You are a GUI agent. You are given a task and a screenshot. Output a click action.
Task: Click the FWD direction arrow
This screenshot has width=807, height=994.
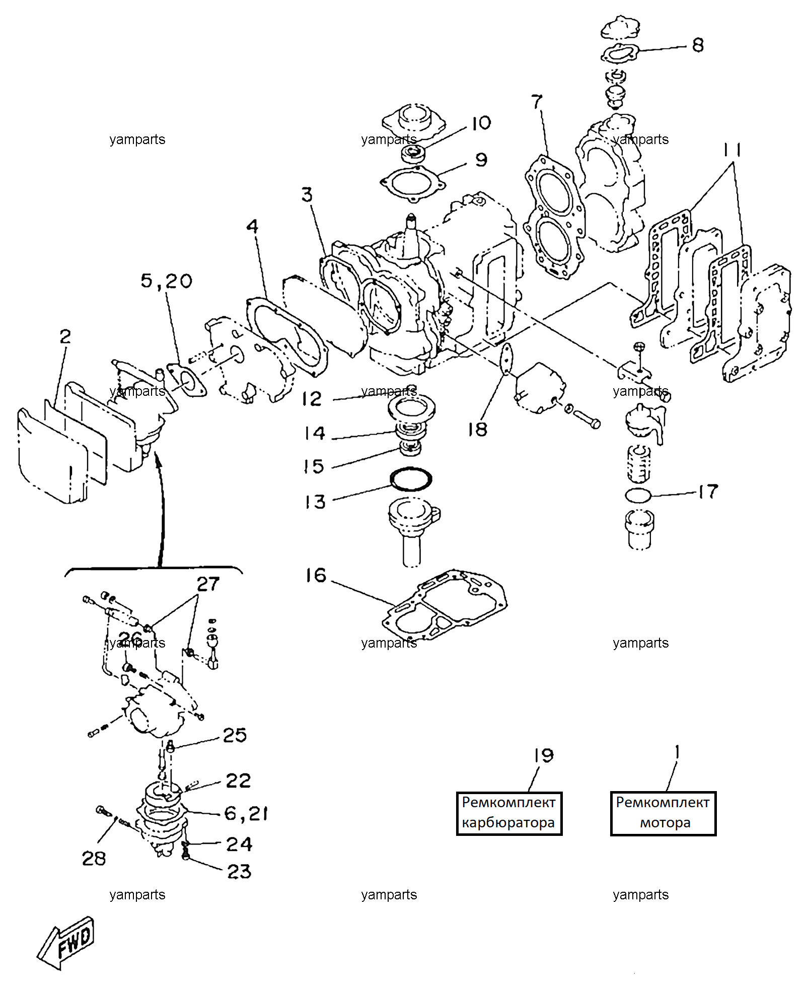65,943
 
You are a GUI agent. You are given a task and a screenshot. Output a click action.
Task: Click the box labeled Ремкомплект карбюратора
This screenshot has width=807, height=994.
509,813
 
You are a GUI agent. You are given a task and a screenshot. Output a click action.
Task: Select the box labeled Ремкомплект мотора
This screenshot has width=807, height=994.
663,813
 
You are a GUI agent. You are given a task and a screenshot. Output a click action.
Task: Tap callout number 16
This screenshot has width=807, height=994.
316,576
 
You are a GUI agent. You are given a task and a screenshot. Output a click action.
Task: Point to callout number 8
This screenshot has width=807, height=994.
698,45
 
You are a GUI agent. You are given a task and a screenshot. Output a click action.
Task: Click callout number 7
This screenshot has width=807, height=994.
537,101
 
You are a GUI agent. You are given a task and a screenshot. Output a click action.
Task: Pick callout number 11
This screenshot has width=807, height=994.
732,150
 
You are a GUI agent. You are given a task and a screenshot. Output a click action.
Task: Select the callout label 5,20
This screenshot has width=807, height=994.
166,281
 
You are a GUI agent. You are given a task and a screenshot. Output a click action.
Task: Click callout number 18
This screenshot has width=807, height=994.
477,430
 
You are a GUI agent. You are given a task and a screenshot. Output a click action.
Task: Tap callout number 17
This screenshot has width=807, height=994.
708,491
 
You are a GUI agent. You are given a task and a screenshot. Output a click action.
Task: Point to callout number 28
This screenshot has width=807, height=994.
94,859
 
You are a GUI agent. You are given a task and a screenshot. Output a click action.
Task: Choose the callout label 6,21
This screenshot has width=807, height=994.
246,813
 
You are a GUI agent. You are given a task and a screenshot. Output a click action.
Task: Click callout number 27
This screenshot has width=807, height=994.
208,584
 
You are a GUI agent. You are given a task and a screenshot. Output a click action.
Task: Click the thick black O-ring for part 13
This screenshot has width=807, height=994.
411,479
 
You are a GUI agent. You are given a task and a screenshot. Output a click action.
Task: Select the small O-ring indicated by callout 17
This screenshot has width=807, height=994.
638,495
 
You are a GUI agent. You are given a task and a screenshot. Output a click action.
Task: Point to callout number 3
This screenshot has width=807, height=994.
307,195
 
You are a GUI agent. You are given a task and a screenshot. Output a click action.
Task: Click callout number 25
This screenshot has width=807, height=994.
235,735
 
